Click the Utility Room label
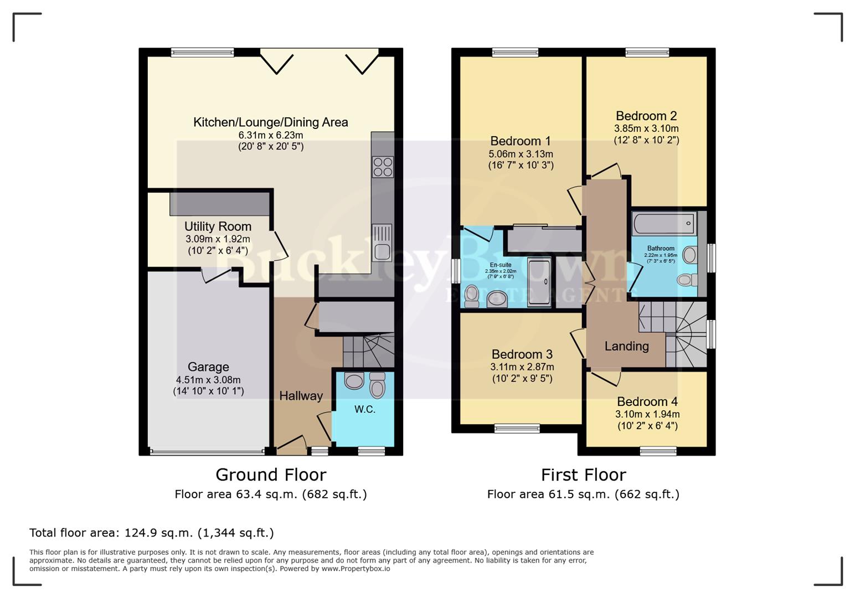click(x=218, y=226)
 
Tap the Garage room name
click(x=208, y=367)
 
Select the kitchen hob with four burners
click(x=383, y=167)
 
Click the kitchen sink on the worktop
click(x=382, y=242)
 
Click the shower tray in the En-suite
click(x=539, y=282)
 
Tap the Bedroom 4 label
click(x=647, y=401)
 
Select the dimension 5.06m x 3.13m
click(x=521, y=154)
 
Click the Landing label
click(x=626, y=347)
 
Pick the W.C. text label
click(x=365, y=409)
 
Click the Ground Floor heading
click(x=271, y=475)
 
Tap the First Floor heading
click(x=583, y=475)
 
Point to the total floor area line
click(x=151, y=533)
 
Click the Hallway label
click(x=301, y=396)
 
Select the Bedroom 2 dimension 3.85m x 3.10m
click(x=646, y=128)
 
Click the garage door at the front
click(x=207, y=452)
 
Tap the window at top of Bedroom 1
click(x=515, y=53)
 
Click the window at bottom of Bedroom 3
click(x=517, y=428)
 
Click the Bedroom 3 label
click(x=522, y=354)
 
